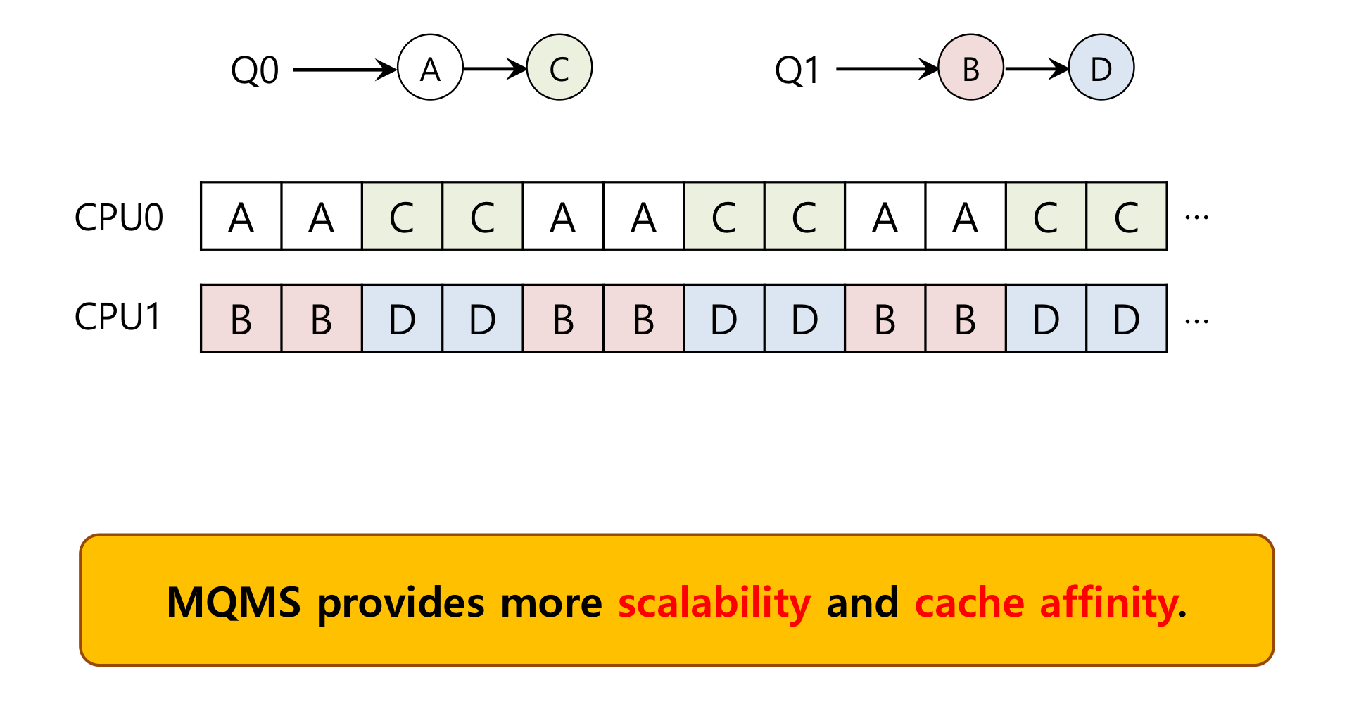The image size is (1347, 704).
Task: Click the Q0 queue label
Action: pyautogui.click(x=255, y=70)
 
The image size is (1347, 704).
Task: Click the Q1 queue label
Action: pyautogui.click(x=797, y=70)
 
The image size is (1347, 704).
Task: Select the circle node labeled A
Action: pyautogui.click(x=430, y=68)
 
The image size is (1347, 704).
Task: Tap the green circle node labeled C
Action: pyautogui.click(x=559, y=68)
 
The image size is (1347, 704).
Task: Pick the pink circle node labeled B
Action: pyautogui.click(x=970, y=68)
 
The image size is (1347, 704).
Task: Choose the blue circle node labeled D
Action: pyautogui.click(x=1101, y=68)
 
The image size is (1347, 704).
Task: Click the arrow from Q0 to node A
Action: pyautogui.click(x=345, y=70)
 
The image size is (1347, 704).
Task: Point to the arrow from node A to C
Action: pyautogui.click(x=495, y=69)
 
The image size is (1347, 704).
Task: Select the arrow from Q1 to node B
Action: pyautogui.click(x=887, y=70)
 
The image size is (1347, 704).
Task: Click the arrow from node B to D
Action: pyautogui.click(x=1036, y=69)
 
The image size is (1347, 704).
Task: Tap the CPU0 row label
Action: pyautogui.click(x=119, y=217)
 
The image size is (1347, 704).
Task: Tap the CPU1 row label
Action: pyautogui.click(x=118, y=317)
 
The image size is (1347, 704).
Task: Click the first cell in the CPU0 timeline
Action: pyautogui.click(x=241, y=216)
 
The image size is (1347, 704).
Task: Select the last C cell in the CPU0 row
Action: pyautogui.click(x=1127, y=216)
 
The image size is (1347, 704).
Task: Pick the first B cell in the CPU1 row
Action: pyautogui.click(x=241, y=319)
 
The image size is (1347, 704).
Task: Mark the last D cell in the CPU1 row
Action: pyautogui.click(x=1127, y=319)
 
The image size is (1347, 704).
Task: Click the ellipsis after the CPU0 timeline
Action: pyautogui.click(x=1196, y=218)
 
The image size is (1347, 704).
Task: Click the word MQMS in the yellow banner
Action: pyautogui.click(x=234, y=603)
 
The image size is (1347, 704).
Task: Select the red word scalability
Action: pyautogui.click(x=714, y=603)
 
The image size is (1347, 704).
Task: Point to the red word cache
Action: pyautogui.click(x=969, y=603)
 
